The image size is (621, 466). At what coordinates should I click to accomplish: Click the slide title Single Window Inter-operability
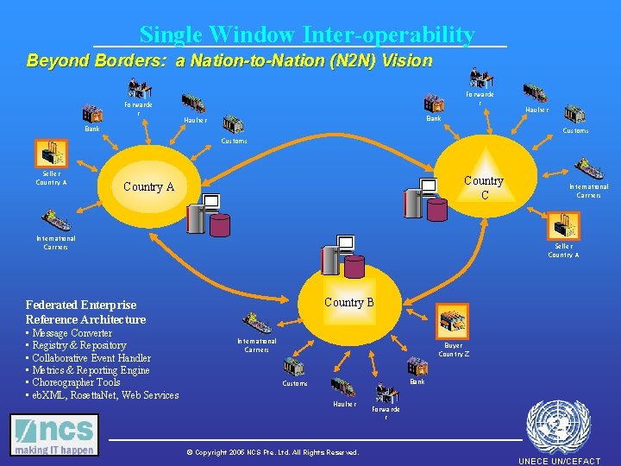(307, 35)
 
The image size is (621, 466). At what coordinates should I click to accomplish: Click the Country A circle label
(148, 186)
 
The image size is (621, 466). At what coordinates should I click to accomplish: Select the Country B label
(348, 302)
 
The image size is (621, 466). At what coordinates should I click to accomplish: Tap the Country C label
(483, 187)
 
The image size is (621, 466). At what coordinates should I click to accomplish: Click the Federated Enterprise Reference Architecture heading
(86, 312)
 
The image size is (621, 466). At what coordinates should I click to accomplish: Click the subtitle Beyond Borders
(229, 61)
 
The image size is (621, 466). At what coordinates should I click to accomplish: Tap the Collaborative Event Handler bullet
(90, 358)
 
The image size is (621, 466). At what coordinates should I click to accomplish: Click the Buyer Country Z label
(454, 349)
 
